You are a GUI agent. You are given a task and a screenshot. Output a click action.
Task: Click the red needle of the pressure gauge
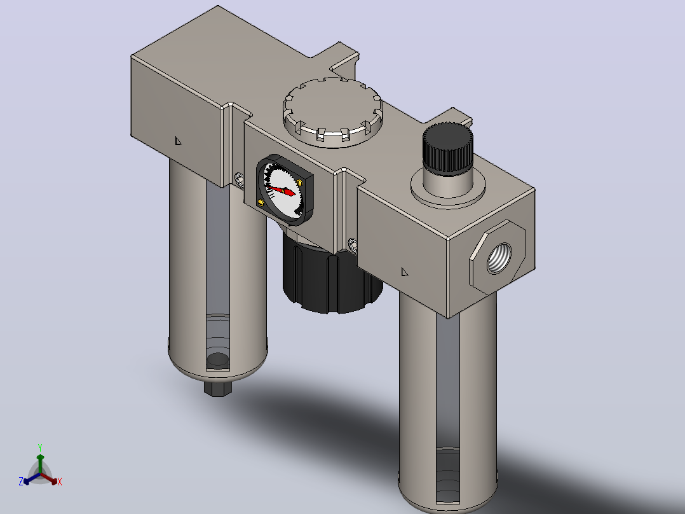point(281,191)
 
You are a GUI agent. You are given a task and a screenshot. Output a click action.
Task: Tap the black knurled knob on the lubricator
point(448,148)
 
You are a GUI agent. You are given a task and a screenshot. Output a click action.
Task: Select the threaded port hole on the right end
point(499,258)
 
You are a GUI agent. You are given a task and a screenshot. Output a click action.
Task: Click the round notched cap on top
point(333,112)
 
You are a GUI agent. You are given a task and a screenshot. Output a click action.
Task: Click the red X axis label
point(60,482)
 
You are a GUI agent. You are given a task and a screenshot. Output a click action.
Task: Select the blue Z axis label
point(21,482)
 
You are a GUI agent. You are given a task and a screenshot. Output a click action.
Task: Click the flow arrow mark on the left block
point(178,141)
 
